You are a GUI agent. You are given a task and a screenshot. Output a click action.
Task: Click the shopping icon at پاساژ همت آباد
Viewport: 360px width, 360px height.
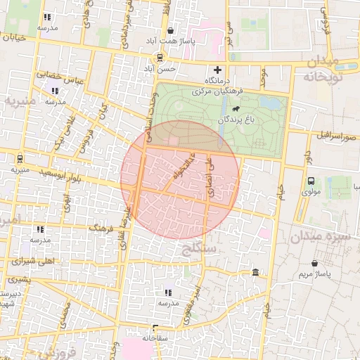(172, 30)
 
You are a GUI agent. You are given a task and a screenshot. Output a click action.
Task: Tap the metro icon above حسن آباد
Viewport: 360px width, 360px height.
(160, 58)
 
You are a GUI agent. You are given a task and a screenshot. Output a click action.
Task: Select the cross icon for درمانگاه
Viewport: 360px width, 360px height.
(217, 70)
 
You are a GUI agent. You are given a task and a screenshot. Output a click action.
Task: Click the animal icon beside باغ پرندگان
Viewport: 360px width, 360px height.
(234, 109)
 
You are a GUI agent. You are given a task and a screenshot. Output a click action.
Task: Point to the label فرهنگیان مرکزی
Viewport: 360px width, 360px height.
(219, 91)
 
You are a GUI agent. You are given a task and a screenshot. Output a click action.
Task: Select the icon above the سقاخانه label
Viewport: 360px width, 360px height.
(155, 327)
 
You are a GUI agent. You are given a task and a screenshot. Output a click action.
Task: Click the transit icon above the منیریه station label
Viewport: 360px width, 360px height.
(19, 158)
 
